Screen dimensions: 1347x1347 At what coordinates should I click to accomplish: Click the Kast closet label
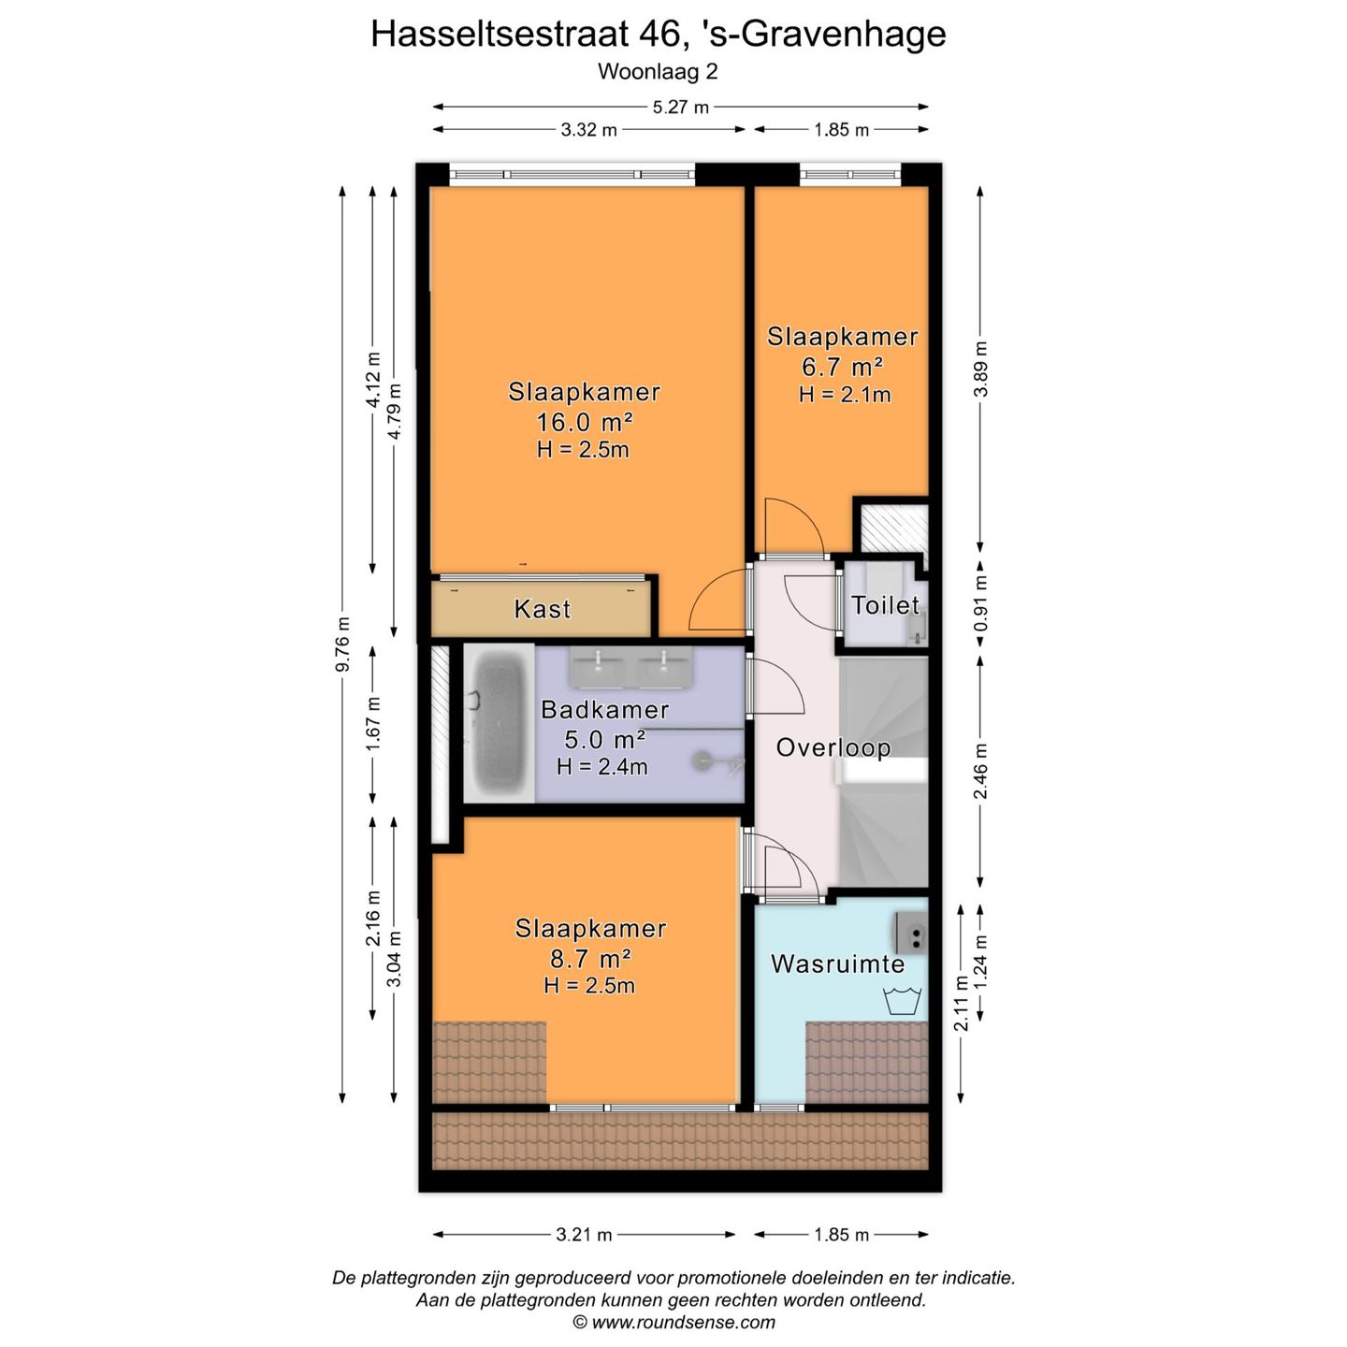542,609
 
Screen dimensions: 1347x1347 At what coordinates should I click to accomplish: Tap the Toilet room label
885,605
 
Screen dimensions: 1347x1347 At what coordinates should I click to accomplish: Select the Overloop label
833,747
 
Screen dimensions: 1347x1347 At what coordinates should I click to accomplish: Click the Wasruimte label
837,963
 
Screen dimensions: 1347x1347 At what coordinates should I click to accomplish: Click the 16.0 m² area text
584,421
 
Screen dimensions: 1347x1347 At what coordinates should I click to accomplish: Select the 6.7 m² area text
842,366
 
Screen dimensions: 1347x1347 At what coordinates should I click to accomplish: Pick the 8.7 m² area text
590,958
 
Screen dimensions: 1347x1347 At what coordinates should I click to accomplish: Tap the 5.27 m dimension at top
680,107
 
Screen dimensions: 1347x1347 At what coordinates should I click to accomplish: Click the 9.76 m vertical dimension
343,644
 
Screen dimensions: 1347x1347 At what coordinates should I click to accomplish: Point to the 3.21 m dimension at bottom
584,1235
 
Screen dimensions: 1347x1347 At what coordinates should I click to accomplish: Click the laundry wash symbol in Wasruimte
903,1000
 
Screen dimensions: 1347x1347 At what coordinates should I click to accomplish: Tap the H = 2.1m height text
844,395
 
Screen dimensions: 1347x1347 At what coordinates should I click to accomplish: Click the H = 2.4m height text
601,767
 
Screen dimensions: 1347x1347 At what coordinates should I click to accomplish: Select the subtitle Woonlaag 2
658,71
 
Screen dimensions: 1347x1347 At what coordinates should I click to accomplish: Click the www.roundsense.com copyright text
673,1322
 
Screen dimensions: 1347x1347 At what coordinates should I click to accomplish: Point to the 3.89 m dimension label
980,369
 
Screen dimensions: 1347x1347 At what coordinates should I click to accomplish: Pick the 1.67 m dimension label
373,723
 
